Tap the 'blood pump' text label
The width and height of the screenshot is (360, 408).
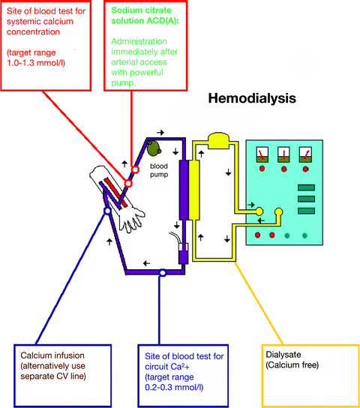tap(157, 170)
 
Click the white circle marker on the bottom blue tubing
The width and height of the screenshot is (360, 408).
tap(163, 274)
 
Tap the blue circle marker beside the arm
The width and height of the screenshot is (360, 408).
tap(108, 212)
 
